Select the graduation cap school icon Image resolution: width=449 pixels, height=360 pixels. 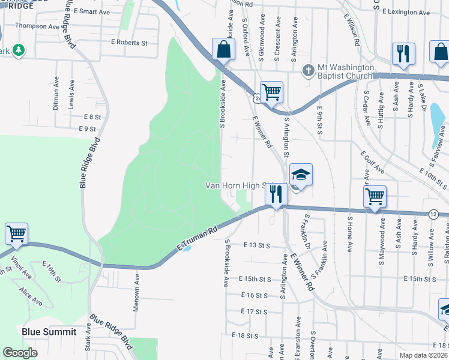(x=301, y=175)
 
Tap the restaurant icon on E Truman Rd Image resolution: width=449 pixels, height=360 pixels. (x=276, y=194)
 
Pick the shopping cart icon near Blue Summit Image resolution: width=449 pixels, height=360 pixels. (x=16, y=233)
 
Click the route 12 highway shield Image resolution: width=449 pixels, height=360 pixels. (x=433, y=214)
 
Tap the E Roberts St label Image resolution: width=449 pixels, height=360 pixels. (x=129, y=43)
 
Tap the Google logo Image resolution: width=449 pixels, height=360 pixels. (x=20, y=353)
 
